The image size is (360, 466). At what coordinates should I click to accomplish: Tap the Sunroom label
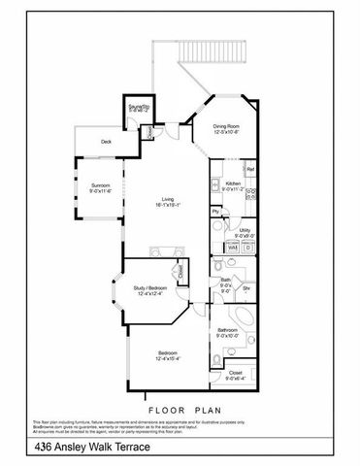[101, 187]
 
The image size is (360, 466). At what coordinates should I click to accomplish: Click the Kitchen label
[233, 185]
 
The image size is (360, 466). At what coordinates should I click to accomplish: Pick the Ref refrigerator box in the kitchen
[249, 170]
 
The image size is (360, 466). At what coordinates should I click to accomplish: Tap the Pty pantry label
[214, 211]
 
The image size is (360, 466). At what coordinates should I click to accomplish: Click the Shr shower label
[246, 288]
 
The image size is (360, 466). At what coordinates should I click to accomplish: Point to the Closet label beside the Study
[180, 271]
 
